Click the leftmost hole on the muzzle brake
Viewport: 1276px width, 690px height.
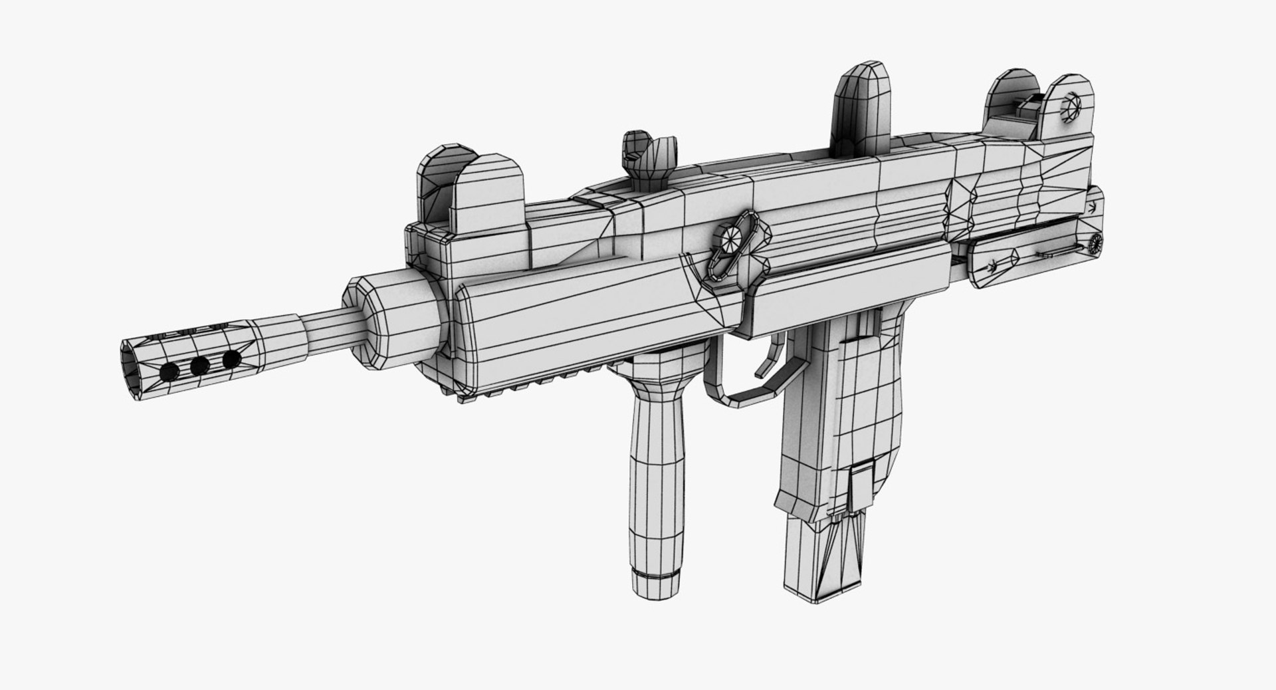[170, 370]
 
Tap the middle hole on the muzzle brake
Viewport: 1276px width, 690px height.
[199, 365]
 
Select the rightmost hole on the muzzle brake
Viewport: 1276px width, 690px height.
[231, 360]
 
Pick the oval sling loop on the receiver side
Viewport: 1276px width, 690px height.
[738, 244]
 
